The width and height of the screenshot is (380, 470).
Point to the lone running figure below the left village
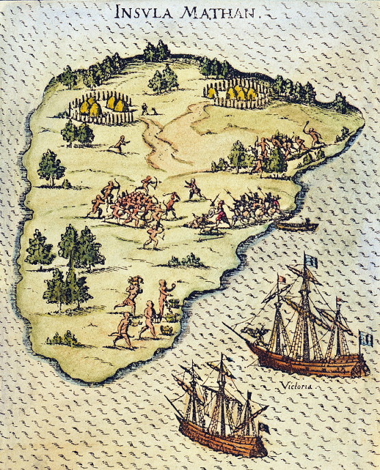(120, 144)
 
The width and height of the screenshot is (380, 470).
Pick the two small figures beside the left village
(148, 108)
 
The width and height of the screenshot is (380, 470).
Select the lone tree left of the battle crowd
(51, 168)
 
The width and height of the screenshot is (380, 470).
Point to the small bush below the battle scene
(185, 260)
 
